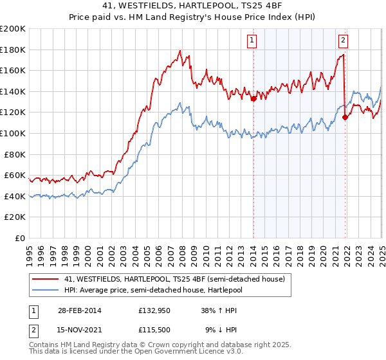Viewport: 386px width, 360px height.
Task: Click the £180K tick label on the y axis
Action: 14,50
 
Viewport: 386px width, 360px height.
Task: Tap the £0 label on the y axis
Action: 21,238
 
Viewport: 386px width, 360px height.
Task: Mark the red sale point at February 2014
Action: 253,99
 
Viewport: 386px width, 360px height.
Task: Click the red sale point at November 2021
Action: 345,117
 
